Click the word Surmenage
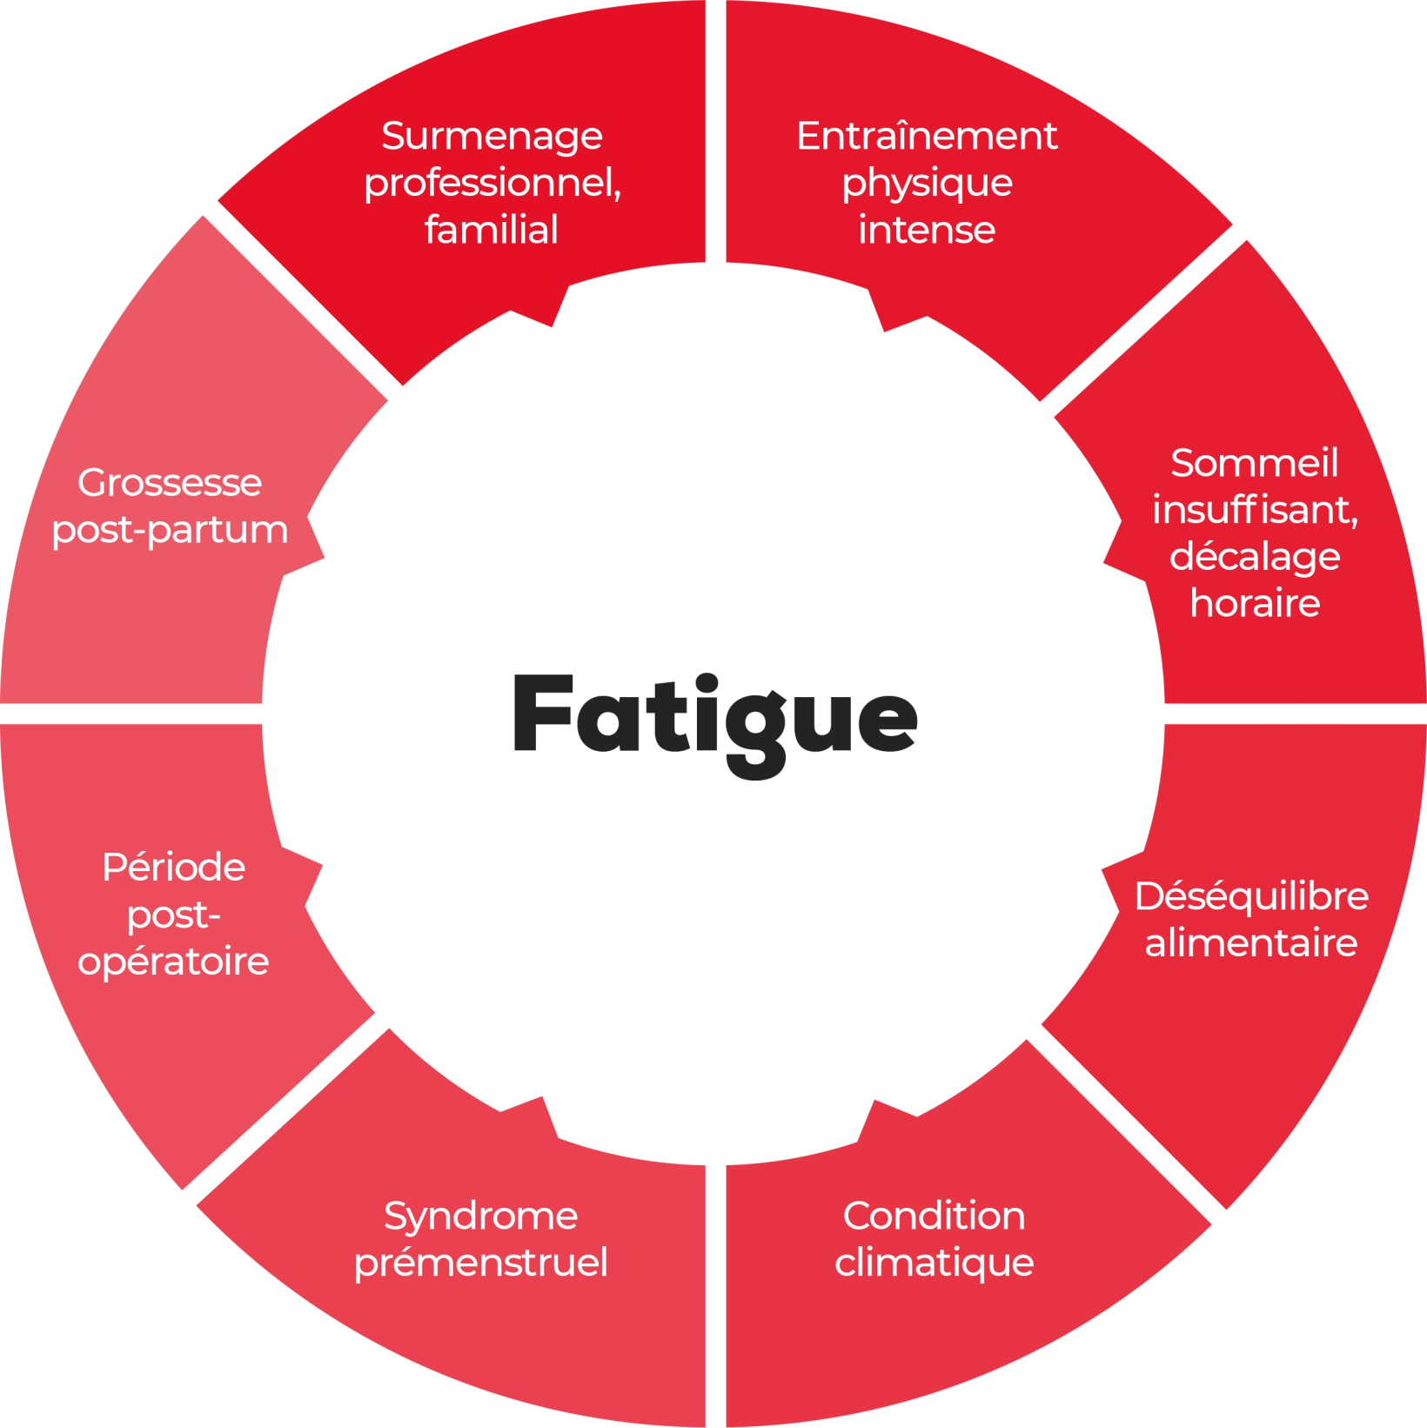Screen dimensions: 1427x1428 [x=492, y=137]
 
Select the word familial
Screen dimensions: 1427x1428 [x=492, y=230]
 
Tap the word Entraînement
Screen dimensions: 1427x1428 [x=927, y=136]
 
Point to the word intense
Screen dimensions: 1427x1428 [x=927, y=230]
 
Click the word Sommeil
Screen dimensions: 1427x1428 [x=1254, y=462]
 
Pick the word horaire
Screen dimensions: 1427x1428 [x=1255, y=603]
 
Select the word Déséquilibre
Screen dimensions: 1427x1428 [x=1251, y=896]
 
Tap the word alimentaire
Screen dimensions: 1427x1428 [x=1251, y=942]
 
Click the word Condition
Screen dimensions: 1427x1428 [x=934, y=1216]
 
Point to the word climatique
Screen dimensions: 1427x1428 [x=935, y=1264]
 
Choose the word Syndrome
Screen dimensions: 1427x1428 [x=481, y=1217]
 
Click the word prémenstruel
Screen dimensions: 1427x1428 [x=481, y=1264]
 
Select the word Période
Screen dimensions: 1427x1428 [x=174, y=867]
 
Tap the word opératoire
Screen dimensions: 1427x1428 [x=174, y=962]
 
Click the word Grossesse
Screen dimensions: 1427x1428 [x=170, y=483]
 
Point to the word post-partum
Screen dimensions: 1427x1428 [x=170, y=531]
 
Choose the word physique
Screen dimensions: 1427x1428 [x=928, y=184]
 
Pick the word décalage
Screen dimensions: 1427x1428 [x=1255, y=558]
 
